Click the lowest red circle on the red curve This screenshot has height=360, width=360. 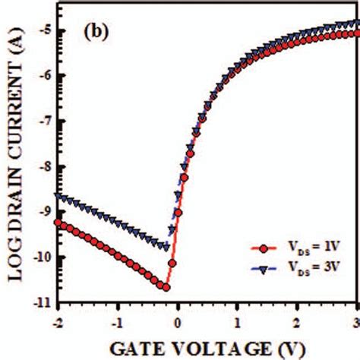click(x=166, y=287)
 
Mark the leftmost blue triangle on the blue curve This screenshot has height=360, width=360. click(x=57, y=196)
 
